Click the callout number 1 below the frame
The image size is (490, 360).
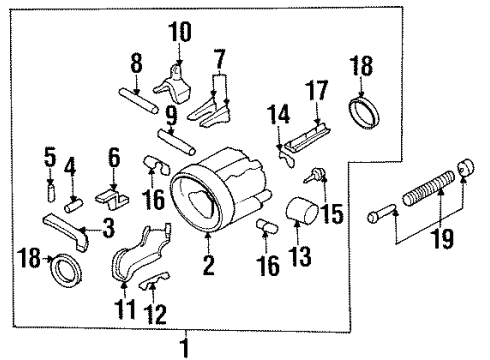[183, 348]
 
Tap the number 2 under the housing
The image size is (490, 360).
[208, 266]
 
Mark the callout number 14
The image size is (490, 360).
[279, 118]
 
